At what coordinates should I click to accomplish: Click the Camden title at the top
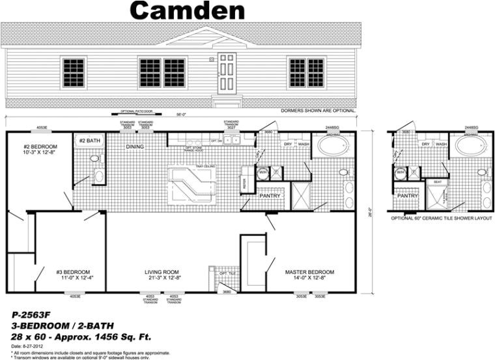point(187,10)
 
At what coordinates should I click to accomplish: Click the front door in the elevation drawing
point(226,73)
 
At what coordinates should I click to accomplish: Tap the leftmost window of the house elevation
point(73,72)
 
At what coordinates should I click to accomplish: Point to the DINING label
point(135,146)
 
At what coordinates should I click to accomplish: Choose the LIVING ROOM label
point(162,271)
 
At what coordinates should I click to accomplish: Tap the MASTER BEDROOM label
point(310,271)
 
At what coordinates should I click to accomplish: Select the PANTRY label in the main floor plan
point(270,195)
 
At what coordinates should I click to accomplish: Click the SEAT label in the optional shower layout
point(437,182)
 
